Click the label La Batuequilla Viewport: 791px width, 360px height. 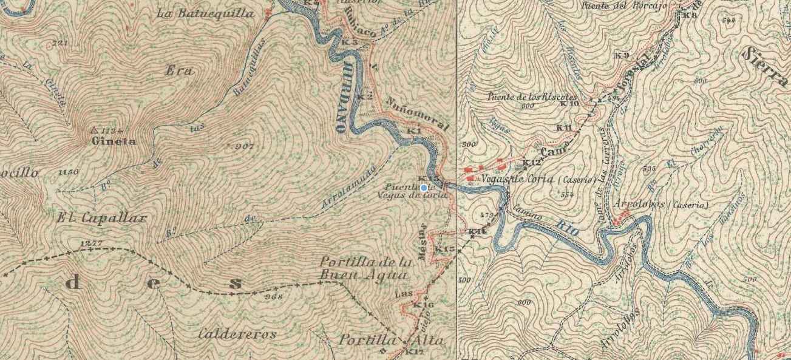click(205, 13)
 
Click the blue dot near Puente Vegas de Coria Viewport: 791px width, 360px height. click(424, 188)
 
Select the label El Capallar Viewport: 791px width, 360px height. click(103, 218)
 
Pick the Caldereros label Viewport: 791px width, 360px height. click(237, 334)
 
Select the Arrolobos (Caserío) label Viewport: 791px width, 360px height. click(661, 205)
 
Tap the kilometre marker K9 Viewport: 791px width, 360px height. click(621, 55)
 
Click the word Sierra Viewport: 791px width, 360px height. click(765, 60)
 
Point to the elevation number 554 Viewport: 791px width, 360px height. click(567, 195)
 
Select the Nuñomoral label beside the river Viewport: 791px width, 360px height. click(416, 114)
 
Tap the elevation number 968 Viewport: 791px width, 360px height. click(275, 297)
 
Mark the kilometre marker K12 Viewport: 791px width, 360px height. click(532, 163)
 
